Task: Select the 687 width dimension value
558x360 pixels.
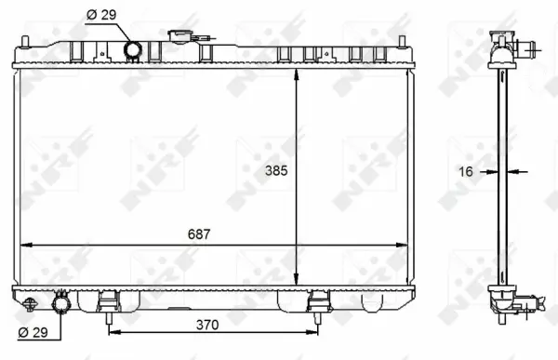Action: click(197, 234)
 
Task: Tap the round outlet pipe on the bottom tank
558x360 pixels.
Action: click(62, 303)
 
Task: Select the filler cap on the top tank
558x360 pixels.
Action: click(179, 37)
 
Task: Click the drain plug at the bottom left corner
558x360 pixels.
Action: click(30, 303)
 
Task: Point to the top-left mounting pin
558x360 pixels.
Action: click(24, 41)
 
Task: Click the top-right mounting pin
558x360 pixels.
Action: click(402, 41)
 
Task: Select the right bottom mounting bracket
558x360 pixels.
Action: click(319, 303)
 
